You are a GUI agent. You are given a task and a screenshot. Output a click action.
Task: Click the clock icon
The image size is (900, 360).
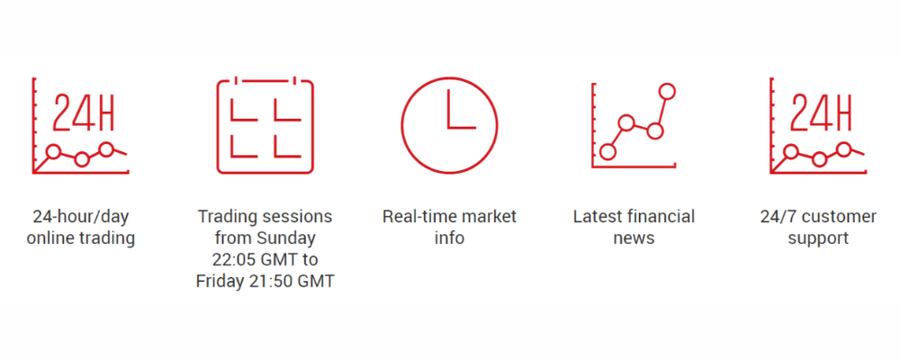pyautogui.click(x=449, y=77)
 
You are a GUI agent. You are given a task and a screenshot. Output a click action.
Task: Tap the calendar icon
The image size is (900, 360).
pyautogui.click(x=218, y=126)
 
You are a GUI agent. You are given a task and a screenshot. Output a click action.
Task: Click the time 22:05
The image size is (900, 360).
pyautogui.click(x=234, y=259)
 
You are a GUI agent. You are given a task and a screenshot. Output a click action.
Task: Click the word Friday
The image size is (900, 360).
pyautogui.click(x=218, y=282)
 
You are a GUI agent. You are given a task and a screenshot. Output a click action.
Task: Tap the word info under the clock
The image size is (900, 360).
pyautogui.click(x=449, y=238)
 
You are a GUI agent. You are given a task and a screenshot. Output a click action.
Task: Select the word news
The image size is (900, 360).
pyautogui.click(x=634, y=238)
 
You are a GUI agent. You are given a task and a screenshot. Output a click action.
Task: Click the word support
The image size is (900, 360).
pyautogui.click(x=818, y=238)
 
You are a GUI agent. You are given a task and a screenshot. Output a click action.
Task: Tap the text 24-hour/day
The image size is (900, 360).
pyautogui.click(x=81, y=218)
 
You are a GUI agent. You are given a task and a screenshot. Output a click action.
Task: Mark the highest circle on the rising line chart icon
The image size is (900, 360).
pyautogui.click(x=667, y=91)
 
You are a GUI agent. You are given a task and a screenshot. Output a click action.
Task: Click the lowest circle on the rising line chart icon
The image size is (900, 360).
pyautogui.click(x=607, y=151)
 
